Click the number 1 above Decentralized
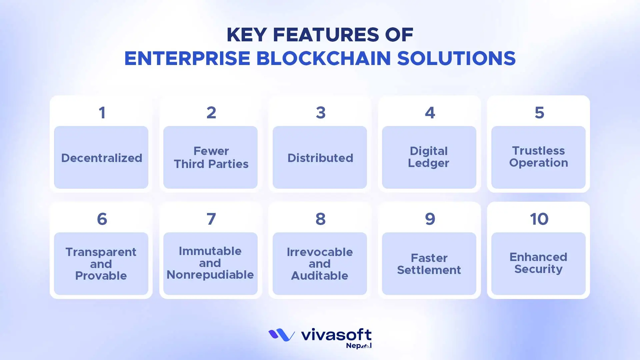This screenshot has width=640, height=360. point(102,113)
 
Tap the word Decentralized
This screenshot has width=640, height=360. point(101,158)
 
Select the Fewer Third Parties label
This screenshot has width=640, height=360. point(211,157)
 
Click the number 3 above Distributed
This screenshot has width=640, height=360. point(320,113)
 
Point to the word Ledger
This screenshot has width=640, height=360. point(428,163)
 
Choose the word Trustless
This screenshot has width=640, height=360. point(538,151)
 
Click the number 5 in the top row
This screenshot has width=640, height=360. point(539,113)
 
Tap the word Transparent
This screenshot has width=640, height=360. point(101,252)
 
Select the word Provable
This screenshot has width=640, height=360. point(101,276)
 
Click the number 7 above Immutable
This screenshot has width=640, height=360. point(211,219)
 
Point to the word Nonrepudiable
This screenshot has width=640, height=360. point(210,275)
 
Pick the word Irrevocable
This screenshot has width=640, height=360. point(319,252)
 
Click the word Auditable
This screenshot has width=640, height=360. point(319,276)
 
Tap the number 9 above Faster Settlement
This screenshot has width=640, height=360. point(430,219)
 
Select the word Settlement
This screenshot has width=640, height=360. point(429,270)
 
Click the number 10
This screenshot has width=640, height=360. point(539,219)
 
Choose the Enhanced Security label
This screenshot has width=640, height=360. point(538,263)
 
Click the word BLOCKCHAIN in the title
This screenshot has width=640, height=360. point(323,58)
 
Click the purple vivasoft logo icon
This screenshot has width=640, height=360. point(281,335)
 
